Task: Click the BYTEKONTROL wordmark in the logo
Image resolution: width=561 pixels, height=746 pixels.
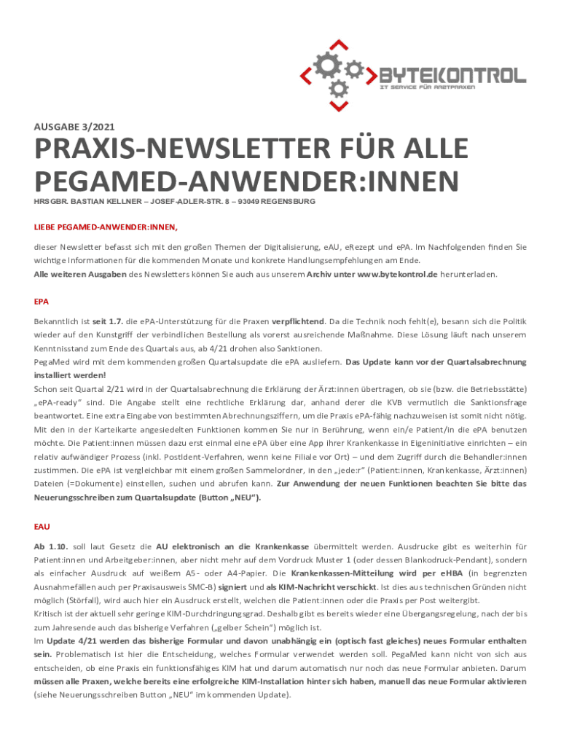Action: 452,75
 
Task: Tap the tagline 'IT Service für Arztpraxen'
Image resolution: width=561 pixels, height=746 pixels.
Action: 427,87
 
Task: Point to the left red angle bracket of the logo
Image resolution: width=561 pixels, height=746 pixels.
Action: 307,75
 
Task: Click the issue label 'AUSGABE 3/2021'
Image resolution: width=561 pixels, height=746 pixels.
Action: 74,126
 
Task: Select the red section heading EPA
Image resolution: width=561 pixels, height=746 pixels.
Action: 42,301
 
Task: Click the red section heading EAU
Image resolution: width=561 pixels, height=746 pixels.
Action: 42,525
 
